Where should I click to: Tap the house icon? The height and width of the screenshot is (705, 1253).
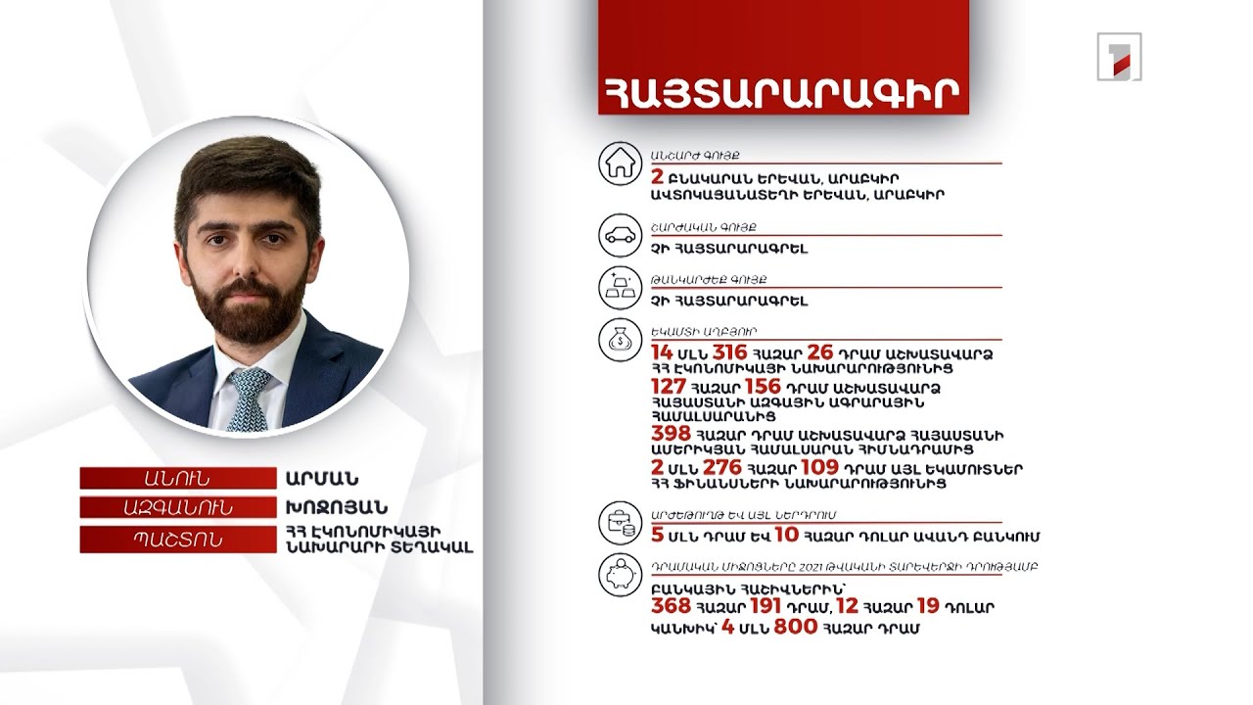click(619, 164)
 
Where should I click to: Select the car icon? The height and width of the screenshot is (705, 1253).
click(619, 235)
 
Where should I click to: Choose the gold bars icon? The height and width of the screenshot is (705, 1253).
click(619, 287)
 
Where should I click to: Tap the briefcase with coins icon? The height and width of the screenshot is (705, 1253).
click(619, 523)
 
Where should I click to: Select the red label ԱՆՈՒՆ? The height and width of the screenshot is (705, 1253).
click(177, 479)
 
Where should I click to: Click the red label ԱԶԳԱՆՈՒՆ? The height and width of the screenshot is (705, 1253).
click(177, 507)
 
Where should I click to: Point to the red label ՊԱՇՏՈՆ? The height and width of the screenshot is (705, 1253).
click(177, 540)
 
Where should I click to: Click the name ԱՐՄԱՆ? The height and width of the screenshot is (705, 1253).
click(322, 479)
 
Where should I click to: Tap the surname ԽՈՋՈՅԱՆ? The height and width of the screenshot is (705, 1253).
click(337, 507)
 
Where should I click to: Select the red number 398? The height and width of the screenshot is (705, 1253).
click(672, 434)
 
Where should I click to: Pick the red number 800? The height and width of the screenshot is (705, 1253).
click(795, 627)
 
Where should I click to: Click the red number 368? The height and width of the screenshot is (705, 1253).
click(672, 607)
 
